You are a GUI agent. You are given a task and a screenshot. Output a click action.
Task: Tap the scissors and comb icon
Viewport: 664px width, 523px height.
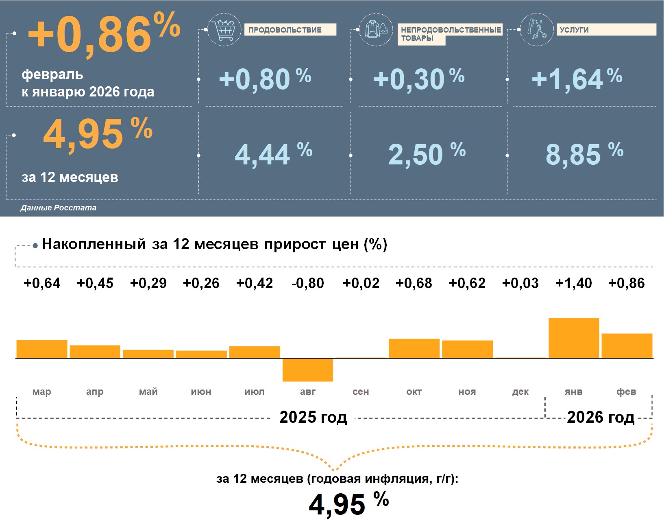pyautogui.click(x=537, y=29)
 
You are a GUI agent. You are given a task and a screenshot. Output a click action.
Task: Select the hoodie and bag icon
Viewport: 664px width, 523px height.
pyautogui.click(x=376, y=29)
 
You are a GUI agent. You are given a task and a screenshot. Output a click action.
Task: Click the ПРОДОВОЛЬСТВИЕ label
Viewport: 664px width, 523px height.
pyautogui.click(x=290, y=30)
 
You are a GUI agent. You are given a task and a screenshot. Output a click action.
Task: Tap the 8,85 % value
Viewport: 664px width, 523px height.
pyautogui.click(x=584, y=154)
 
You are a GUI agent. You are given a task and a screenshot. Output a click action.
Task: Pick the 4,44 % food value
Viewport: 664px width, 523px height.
pyautogui.click(x=273, y=154)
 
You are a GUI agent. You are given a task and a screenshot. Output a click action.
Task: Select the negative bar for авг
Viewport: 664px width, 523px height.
pyautogui.click(x=308, y=370)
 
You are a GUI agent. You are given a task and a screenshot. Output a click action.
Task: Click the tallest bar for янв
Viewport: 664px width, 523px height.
pyautogui.click(x=574, y=338)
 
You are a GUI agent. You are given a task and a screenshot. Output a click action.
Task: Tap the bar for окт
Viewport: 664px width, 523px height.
pyautogui.click(x=414, y=348)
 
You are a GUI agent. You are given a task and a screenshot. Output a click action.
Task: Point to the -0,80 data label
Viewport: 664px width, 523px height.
pyautogui.click(x=308, y=283)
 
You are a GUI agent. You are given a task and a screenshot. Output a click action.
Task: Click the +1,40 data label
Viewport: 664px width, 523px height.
pyautogui.click(x=574, y=283)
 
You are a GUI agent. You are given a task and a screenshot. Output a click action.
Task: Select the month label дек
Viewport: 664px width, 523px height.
pyautogui.click(x=520, y=392)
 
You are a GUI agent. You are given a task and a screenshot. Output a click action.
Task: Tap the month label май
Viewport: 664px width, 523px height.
pyautogui.click(x=148, y=392)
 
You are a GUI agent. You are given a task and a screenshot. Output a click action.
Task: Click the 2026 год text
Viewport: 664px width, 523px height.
pyautogui.click(x=601, y=417)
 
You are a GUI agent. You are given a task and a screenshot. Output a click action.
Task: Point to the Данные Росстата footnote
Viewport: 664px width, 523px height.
pyautogui.click(x=59, y=208)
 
